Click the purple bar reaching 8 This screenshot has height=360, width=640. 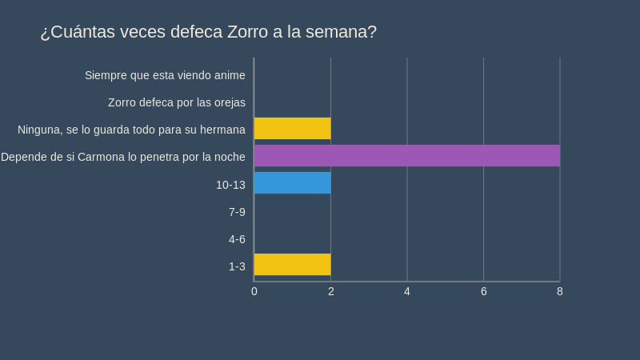[x=406, y=155]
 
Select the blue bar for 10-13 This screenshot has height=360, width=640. [x=292, y=182]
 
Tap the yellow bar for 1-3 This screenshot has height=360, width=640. [x=292, y=264]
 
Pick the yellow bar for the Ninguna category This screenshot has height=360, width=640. [x=292, y=128]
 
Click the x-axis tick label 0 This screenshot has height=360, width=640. [x=254, y=291]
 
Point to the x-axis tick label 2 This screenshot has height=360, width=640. [x=330, y=291]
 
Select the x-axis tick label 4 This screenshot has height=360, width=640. [x=407, y=291]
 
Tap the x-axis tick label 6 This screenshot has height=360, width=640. [x=483, y=291]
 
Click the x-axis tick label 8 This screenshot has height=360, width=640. [x=560, y=291]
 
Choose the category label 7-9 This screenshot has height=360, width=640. [x=237, y=212]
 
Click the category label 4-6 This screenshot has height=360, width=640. [x=237, y=239]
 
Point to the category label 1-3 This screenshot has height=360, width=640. [x=237, y=266]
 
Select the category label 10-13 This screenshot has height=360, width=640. [x=230, y=185]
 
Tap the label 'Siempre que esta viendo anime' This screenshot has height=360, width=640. [x=165, y=75]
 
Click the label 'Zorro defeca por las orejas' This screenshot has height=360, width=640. [x=177, y=102]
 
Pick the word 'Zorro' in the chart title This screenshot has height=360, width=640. [x=250, y=32]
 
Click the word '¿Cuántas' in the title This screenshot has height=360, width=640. [x=77, y=32]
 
